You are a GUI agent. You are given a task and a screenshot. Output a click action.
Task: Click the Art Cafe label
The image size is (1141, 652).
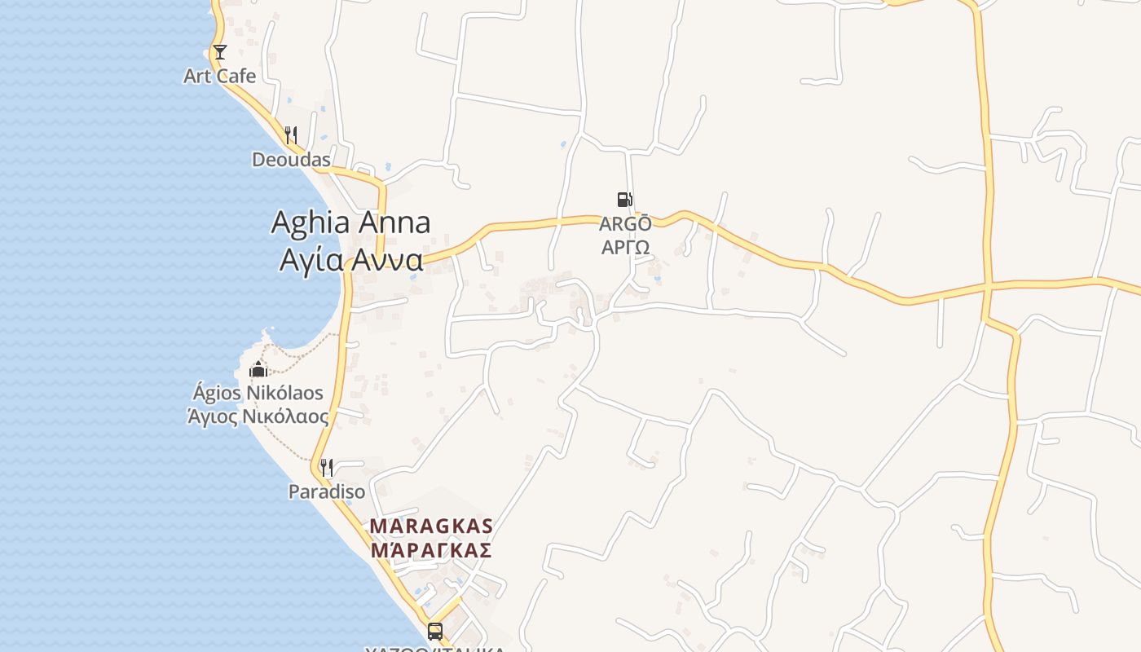(219, 76)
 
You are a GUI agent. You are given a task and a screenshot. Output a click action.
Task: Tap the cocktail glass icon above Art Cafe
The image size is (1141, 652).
(219, 52)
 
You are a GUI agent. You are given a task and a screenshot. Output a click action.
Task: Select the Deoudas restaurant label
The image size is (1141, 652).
(291, 160)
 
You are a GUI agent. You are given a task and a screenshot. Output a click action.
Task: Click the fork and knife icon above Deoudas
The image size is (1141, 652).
(291, 134)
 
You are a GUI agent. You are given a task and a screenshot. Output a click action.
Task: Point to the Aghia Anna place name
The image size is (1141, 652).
(350, 222)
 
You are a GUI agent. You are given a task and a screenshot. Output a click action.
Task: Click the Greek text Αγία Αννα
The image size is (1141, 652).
(350, 259)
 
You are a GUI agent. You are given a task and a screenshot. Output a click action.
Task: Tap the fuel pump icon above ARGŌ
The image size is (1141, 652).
(624, 200)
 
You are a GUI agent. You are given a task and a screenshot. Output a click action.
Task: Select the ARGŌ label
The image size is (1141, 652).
(625, 223)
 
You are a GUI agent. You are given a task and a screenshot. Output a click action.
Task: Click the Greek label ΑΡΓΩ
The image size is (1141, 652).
(625, 247)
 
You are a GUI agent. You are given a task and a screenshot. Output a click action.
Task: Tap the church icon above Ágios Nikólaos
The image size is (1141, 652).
(258, 369)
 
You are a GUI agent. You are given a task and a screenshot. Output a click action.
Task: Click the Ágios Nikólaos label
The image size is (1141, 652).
(258, 393)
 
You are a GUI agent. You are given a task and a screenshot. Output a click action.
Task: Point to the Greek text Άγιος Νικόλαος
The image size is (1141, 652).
(258, 416)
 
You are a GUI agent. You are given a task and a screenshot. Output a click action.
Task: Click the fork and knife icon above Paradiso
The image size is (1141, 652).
(327, 468)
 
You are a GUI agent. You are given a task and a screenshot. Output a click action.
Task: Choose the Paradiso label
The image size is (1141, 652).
(327, 492)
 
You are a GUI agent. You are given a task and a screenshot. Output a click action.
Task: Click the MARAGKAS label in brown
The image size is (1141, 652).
(431, 526)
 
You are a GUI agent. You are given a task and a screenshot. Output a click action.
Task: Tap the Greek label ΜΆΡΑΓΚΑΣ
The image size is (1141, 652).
(431, 550)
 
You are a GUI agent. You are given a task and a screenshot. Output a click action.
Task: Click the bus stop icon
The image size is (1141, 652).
(435, 631)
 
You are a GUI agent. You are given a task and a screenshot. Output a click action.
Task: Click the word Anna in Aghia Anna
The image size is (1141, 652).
(395, 222)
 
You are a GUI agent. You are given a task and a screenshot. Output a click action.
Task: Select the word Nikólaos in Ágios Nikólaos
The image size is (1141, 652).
(284, 393)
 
